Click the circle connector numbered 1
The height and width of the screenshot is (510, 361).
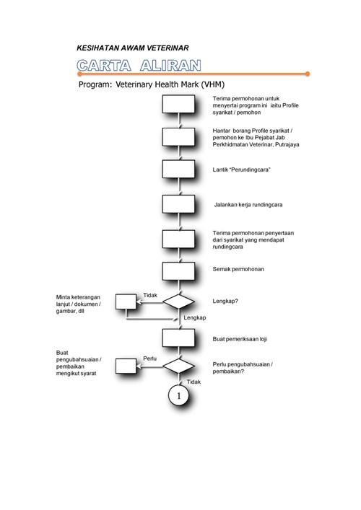pyautogui.click(x=178, y=395)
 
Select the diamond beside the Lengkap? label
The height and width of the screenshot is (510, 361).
pyautogui.click(x=178, y=302)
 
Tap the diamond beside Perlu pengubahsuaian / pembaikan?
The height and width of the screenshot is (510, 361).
pyautogui.click(x=178, y=366)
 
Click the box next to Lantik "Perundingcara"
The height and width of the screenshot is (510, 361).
pyautogui.click(x=178, y=169)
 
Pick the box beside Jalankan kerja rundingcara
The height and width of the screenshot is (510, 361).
pyautogui.click(x=178, y=204)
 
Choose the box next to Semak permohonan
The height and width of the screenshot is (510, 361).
pyautogui.click(x=178, y=271)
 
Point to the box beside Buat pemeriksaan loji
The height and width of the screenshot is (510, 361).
pyautogui.click(x=178, y=338)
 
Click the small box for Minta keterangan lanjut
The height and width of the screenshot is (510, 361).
pyautogui.click(x=126, y=302)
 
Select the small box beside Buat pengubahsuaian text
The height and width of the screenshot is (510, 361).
pyautogui.click(x=126, y=366)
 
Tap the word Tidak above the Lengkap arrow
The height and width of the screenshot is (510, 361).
pyautogui.click(x=150, y=295)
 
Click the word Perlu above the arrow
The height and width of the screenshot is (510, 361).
pyautogui.click(x=149, y=359)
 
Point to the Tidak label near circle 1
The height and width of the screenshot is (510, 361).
pyautogui.click(x=193, y=382)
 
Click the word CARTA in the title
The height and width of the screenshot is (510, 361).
pyautogui.click(x=104, y=66)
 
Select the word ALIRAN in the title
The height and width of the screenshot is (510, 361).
pyautogui.click(x=170, y=66)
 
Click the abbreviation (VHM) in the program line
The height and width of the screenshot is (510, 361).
pyautogui.click(x=212, y=84)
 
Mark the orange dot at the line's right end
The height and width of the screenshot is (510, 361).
pyautogui.click(x=308, y=74)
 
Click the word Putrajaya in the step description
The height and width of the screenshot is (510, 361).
pyautogui.click(x=287, y=144)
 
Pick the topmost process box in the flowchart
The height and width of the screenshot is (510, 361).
pyautogui.click(x=178, y=104)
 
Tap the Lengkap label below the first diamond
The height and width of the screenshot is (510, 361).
pyautogui.click(x=195, y=318)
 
